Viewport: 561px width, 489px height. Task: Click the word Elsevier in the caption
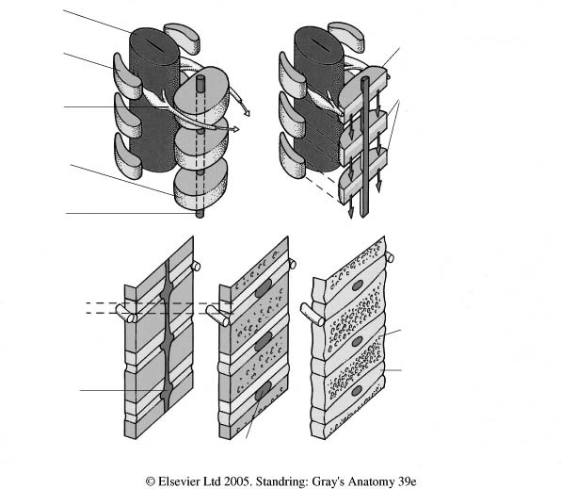click(177, 481)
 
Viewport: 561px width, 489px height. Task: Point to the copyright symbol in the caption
click(151, 481)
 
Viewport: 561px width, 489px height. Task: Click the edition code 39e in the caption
click(407, 481)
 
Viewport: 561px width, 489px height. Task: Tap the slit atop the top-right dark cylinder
click(319, 43)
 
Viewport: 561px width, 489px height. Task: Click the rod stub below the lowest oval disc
click(200, 214)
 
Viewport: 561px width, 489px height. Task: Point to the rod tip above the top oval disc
click(200, 80)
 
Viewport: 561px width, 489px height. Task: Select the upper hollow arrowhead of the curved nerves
click(247, 112)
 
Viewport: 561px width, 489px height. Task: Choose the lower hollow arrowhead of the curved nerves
click(234, 128)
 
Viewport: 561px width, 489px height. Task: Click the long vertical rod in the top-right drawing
click(365, 148)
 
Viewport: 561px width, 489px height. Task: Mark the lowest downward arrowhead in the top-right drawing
click(350, 212)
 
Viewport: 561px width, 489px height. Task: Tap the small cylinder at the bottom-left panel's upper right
click(196, 266)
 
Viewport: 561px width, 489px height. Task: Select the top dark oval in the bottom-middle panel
click(264, 288)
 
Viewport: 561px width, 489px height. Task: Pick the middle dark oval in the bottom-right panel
click(357, 341)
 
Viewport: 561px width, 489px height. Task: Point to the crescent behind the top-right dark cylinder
click(346, 35)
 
